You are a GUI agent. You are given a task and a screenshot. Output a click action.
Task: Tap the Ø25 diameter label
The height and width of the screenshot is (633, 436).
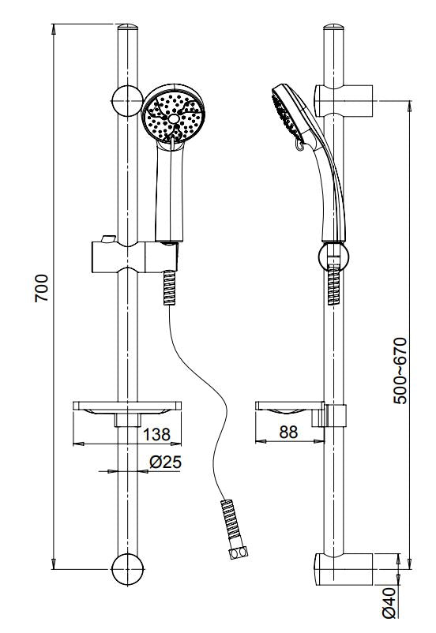click(165, 463)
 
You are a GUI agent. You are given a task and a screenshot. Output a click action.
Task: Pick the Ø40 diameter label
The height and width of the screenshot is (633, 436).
click(388, 603)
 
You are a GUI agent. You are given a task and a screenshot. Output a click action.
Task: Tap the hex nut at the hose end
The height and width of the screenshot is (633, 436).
click(236, 556)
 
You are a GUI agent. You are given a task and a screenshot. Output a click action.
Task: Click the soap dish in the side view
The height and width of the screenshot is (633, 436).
click(289, 409)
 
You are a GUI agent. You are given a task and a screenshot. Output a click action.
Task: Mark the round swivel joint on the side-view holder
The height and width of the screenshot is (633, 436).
click(334, 255)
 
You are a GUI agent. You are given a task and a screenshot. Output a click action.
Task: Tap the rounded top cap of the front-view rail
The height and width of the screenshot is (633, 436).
click(129, 35)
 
